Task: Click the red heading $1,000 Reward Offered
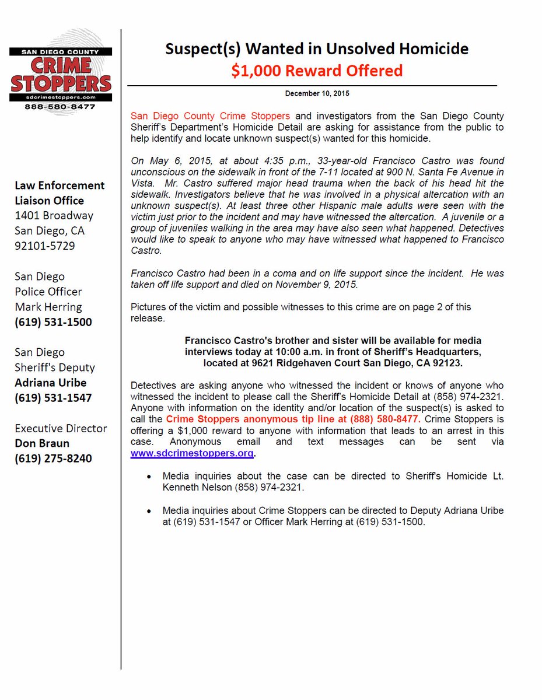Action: point(317,71)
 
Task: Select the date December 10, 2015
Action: point(317,93)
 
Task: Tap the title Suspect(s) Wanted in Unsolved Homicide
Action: point(317,49)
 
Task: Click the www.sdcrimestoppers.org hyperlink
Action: point(192,453)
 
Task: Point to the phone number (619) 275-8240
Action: point(53,459)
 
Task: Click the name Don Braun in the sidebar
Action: point(41,443)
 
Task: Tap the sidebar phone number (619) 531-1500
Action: point(53,322)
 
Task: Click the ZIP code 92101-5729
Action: point(44,246)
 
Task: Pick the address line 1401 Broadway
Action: point(54,215)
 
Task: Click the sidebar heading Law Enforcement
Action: point(60,185)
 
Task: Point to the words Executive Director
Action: point(61,428)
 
